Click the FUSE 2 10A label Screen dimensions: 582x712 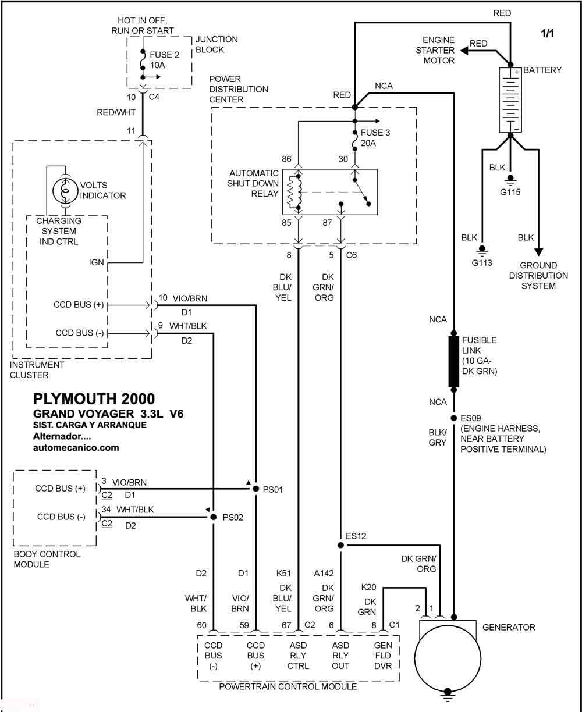click(165, 60)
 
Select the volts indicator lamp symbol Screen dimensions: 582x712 click(65, 191)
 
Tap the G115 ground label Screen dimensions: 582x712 click(510, 192)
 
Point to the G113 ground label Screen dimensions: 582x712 click(482, 263)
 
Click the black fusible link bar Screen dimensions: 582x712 click(453, 361)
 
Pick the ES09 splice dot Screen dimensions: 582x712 click(453, 418)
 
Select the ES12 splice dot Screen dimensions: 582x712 click(340, 545)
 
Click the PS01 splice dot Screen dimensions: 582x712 click(255, 489)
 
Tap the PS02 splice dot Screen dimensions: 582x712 click(213, 517)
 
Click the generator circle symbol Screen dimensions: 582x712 click(448, 658)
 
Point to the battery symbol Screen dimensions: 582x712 click(510, 100)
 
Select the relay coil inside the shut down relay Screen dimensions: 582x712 click(294, 191)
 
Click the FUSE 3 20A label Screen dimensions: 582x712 click(375, 138)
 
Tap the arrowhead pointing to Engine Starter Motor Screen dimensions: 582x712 click(464, 51)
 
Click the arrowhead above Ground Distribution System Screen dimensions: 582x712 click(539, 252)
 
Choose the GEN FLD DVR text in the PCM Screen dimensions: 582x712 click(383, 656)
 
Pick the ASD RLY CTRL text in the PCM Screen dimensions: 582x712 click(298, 656)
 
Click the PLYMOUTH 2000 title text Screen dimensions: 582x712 click(94, 398)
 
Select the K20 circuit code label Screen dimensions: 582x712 click(368, 587)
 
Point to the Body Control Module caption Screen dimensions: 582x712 click(47, 559)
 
